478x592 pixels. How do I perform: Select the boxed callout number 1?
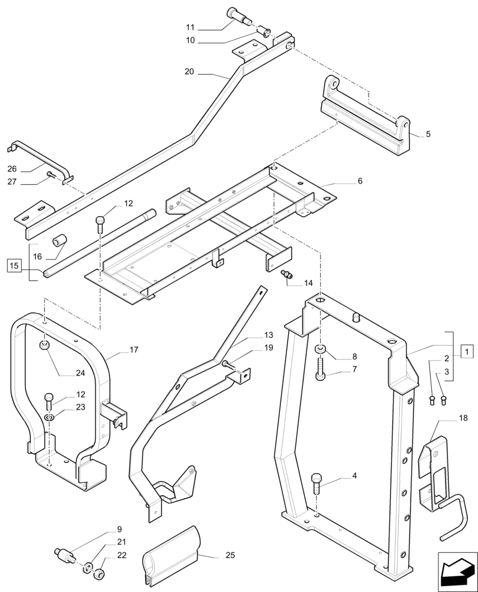click(466, 352)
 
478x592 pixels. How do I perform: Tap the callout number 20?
click(189, 72)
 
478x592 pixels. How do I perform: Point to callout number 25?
click(230, 556)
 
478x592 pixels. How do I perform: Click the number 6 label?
click(360, 181)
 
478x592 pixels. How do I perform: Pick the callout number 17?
click(134, 350)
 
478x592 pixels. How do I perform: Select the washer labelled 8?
click(319, 350)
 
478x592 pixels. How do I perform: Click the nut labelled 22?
click(101, 574)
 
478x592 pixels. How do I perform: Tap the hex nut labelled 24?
click(46, 345)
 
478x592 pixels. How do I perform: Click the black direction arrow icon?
click(457, 571)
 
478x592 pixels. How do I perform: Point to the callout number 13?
click(269, 334)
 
